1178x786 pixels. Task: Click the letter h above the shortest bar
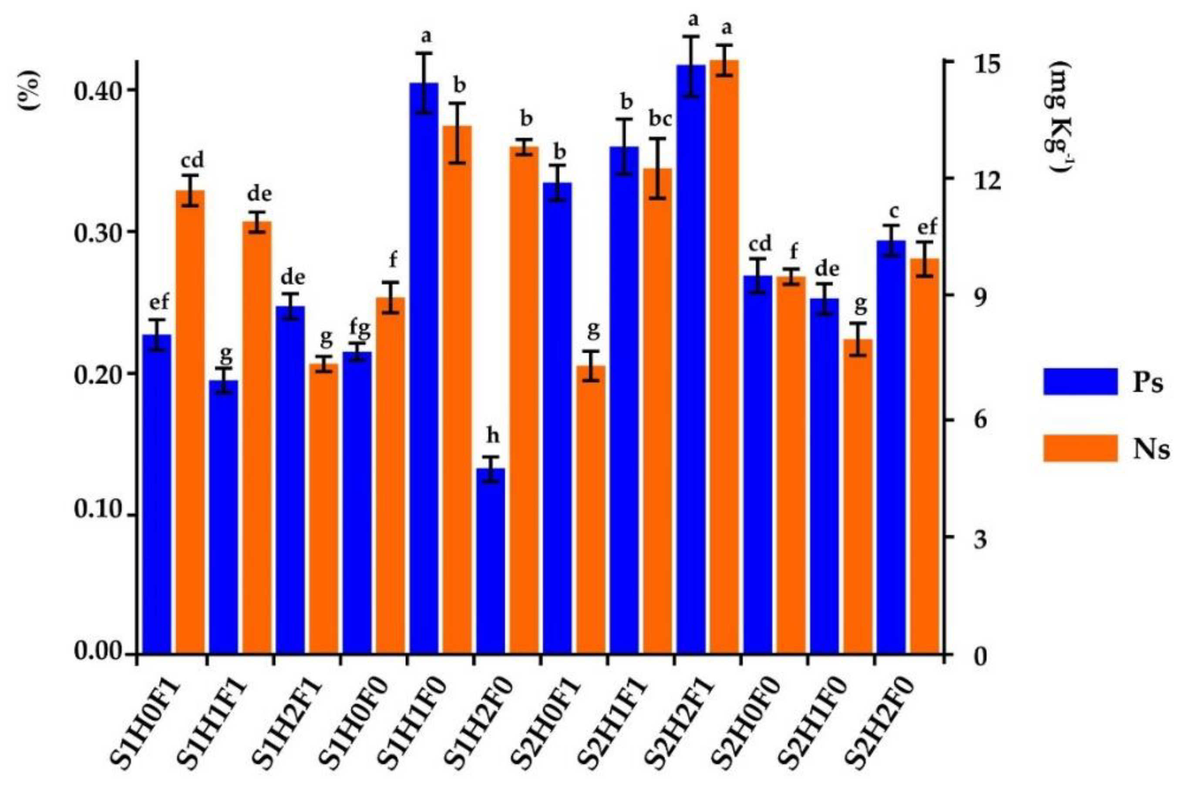[493, 436]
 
